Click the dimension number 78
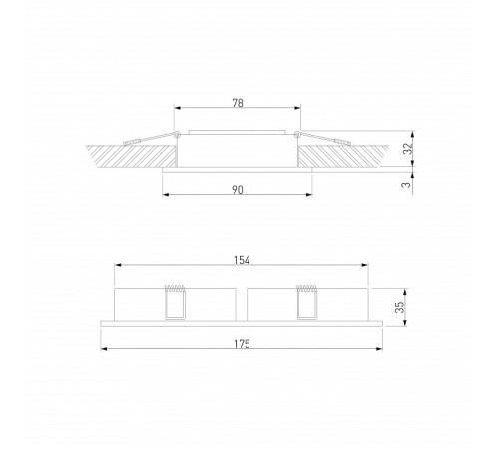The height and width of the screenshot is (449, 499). coord(238,101)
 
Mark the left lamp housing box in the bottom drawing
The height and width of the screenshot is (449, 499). coord(140,304)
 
